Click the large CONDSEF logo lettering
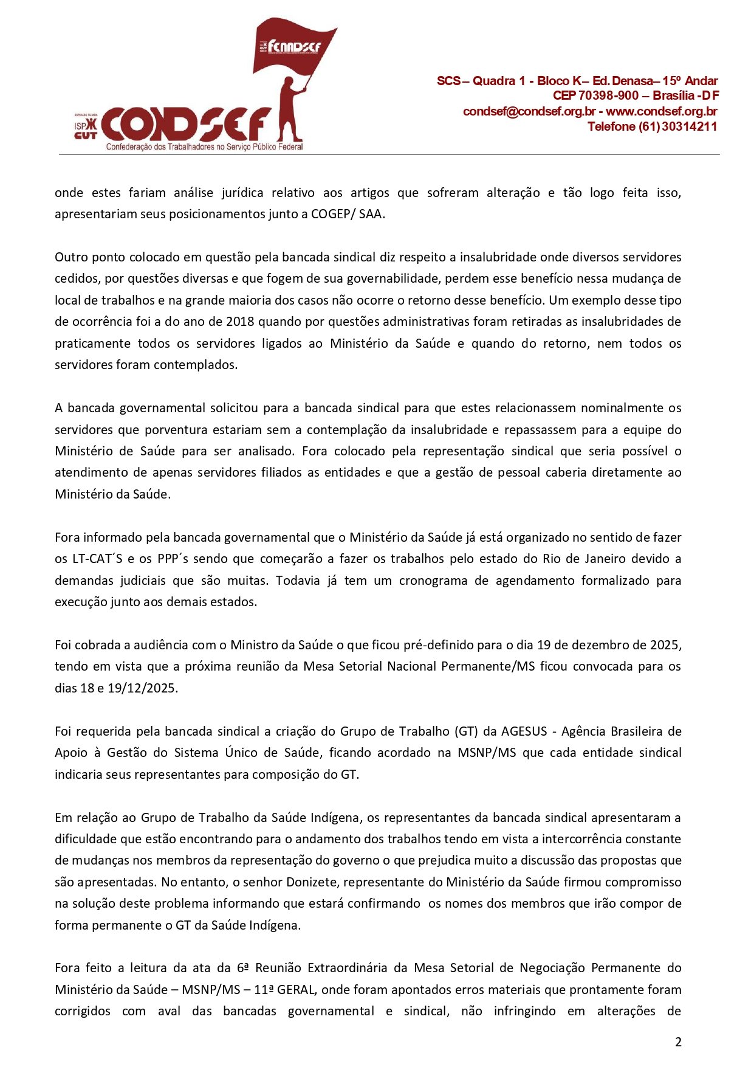click(x=185, y=125)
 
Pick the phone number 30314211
click(x=689, y=126)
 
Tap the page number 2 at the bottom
click(x=678, y=1042)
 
